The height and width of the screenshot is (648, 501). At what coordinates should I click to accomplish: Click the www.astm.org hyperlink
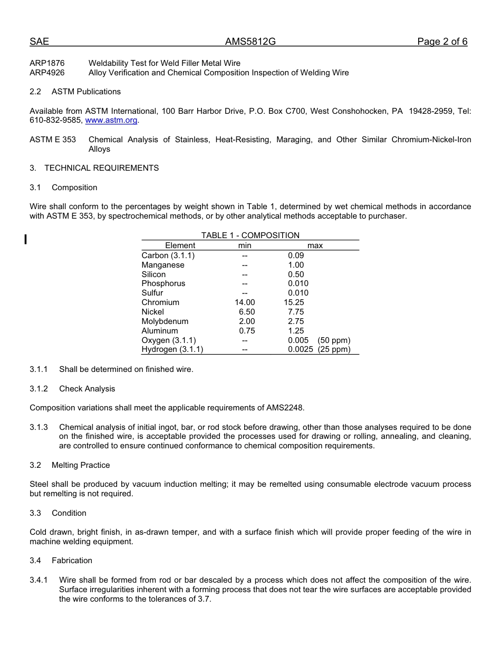coord(111,120)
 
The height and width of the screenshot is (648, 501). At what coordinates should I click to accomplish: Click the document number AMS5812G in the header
coord(250,42)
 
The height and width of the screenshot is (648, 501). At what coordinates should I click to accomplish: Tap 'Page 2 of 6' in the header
coord(442,42)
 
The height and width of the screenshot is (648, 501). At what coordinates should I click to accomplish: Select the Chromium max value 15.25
coord(294,302)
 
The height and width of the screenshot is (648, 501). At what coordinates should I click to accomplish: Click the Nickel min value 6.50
coord(246,312)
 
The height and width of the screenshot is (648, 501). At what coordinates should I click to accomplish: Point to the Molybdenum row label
coord(165,321)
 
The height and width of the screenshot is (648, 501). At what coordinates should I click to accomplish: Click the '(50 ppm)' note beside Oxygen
coord(334,340)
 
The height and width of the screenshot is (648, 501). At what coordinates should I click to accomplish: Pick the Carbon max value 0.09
coord(296,256)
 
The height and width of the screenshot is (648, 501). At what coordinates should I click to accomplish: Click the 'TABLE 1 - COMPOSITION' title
coord(250,235)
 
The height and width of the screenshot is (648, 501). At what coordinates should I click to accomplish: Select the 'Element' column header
coord(180,246)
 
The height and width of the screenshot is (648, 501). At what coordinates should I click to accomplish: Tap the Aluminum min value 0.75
coord(246,331)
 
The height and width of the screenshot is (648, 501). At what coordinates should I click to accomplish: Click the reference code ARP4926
coord(47,73)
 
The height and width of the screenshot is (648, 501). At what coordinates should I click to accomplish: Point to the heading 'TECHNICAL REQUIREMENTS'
coord(101,168)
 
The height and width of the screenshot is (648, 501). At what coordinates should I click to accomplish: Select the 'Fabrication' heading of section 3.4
coord(72,561)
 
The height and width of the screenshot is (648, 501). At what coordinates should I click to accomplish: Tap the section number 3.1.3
coord(38,427)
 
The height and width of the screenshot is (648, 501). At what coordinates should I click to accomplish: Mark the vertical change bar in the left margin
coord(25,240)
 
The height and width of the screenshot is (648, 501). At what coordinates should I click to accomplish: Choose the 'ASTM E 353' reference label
coord(52,140)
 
